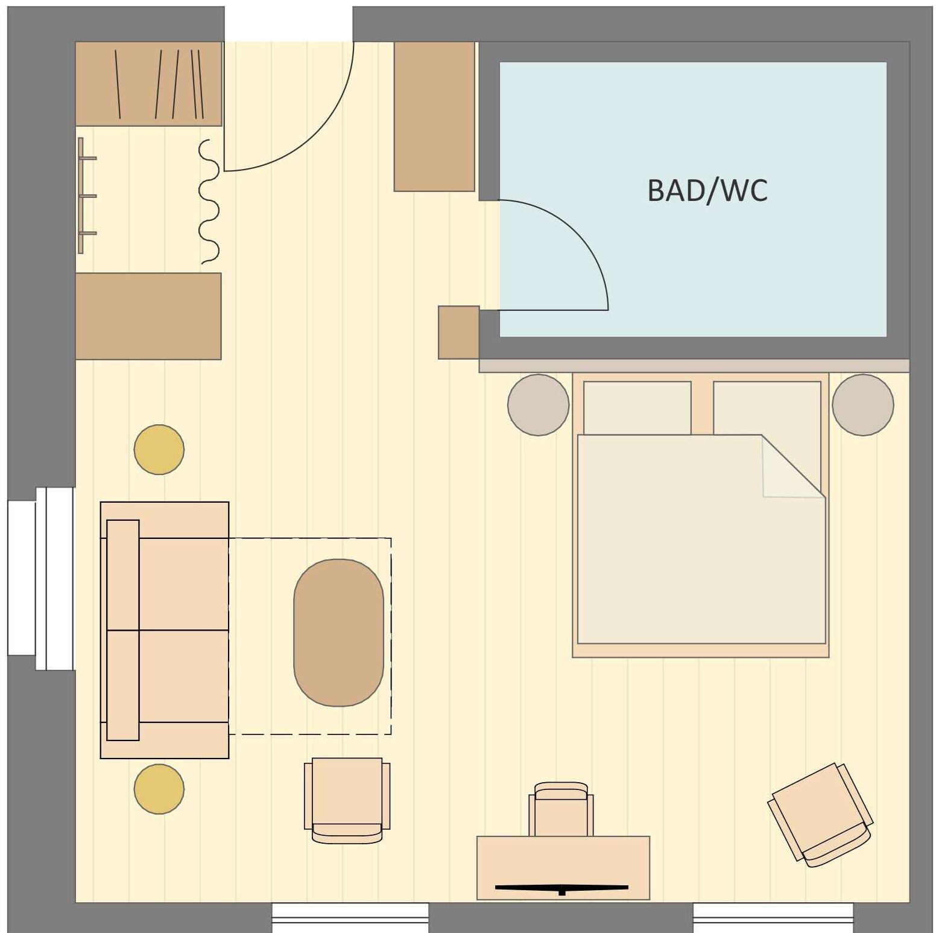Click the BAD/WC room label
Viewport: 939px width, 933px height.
[707, 191]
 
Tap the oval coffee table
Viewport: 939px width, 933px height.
[338, 632]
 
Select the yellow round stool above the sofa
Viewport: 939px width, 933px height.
[159, 450]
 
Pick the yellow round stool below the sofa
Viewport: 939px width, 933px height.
[159, 789]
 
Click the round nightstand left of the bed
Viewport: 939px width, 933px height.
[538, 405]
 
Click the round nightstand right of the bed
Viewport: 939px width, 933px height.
[862, 405]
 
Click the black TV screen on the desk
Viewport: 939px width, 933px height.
[561, 888]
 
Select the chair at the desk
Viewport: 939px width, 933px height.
[561, 809]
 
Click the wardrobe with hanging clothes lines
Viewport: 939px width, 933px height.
[148, 84]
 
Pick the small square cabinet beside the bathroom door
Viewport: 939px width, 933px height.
[458, 333]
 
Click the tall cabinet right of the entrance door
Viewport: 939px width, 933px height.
[434, 116]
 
